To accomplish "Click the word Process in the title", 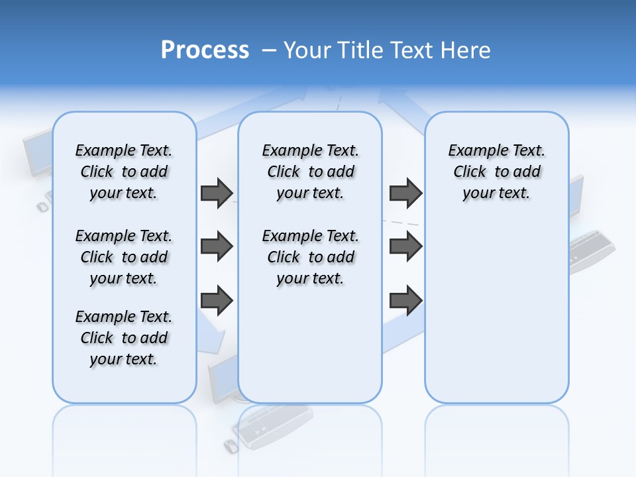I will click(205, 50).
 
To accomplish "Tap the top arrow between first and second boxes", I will click(217, 193).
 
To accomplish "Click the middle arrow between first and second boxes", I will click(217, 246).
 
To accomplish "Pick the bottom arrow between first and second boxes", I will click(217, 300).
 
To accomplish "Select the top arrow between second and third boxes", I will click(405, 193).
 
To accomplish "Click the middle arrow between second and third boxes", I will click(405, 246).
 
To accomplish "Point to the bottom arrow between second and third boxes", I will click(405, 300).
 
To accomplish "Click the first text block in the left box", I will click(124, 172).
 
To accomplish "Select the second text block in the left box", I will click(124, 257).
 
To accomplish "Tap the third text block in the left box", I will click(124, 338).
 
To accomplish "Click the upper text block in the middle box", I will click(310, 172).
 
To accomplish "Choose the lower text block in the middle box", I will click(310, 257).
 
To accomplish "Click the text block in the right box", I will click(497, 172).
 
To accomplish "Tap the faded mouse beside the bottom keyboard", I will click(231, 446).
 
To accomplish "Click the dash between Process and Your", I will click(269, 50).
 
